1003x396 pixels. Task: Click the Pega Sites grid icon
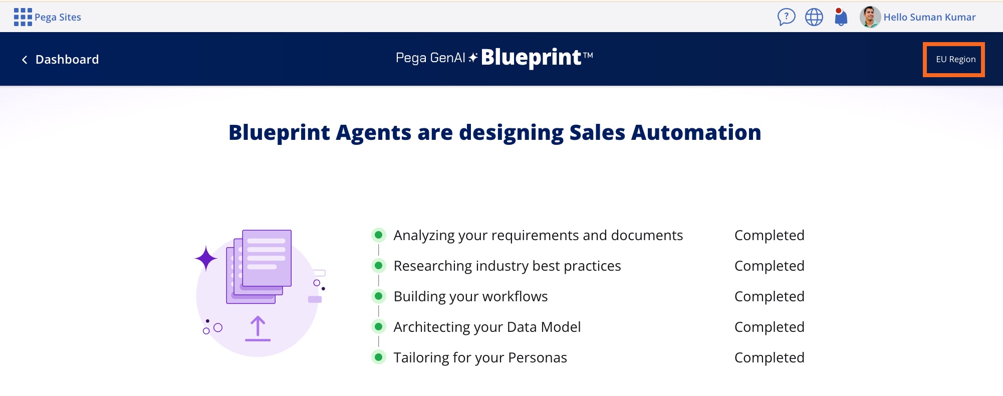coord(23,17)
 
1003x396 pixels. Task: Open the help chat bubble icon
coord(786,17)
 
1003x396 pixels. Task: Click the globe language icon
coord(814,17)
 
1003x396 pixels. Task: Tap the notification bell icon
coord(841,17)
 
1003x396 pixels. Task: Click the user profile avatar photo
coord(870,17)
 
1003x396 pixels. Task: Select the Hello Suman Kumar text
coord(929,17)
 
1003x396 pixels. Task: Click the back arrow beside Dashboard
coord(25,60)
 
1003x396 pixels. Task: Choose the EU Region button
coord(954,59)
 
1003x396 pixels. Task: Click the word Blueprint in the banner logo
coord(531,57)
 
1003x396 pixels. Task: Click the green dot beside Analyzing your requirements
coord(379,235)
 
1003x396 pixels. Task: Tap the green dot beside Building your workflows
coord(379,296)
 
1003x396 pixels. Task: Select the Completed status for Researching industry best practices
coord(769,266)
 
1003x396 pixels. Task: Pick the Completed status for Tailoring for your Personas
coord(769,357)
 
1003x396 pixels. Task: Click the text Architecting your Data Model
coord(487,327)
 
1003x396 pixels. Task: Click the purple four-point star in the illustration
coord(206,259)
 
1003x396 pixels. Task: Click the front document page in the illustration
coord(267,258)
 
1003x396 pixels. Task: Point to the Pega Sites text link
coord(58,17)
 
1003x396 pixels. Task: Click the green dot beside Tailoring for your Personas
coord(379,357)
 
